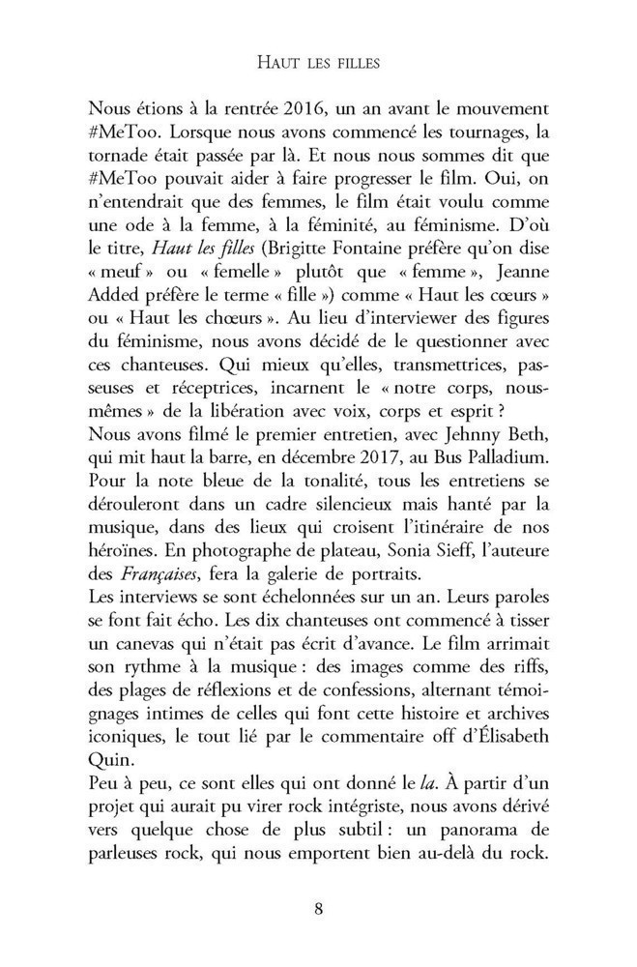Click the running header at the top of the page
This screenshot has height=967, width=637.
click(x=318, y=63)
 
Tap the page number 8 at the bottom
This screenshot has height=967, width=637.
click(x=318, y=908)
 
